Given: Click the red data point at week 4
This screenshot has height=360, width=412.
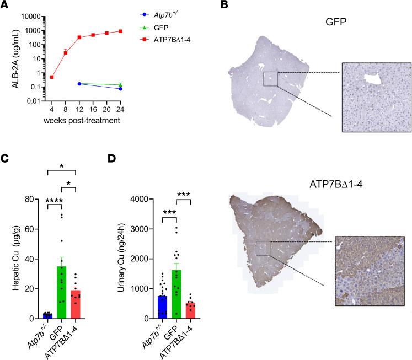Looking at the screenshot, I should [x=52, y=77].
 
